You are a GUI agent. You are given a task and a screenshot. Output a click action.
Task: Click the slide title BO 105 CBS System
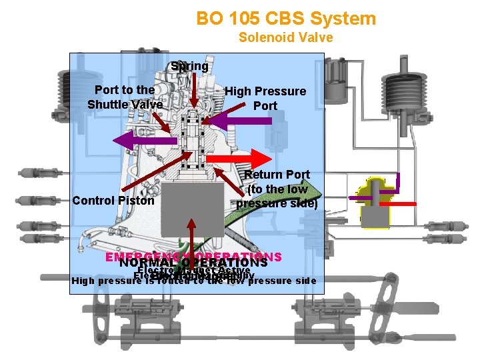286,18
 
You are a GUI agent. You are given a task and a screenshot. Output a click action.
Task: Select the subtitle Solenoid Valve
285,37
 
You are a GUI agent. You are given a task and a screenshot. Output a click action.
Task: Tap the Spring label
189,67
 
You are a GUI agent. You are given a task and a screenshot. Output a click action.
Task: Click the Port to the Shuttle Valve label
125,97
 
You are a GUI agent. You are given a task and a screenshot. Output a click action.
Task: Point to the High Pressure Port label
265,98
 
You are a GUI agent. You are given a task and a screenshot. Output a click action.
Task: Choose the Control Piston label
113,201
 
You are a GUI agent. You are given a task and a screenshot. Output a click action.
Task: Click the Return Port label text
277,189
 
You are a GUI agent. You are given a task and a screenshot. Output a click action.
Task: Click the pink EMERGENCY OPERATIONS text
193,257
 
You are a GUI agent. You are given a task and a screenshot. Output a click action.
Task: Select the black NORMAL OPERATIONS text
193,263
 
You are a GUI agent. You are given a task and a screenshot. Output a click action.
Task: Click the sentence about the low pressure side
193,281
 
